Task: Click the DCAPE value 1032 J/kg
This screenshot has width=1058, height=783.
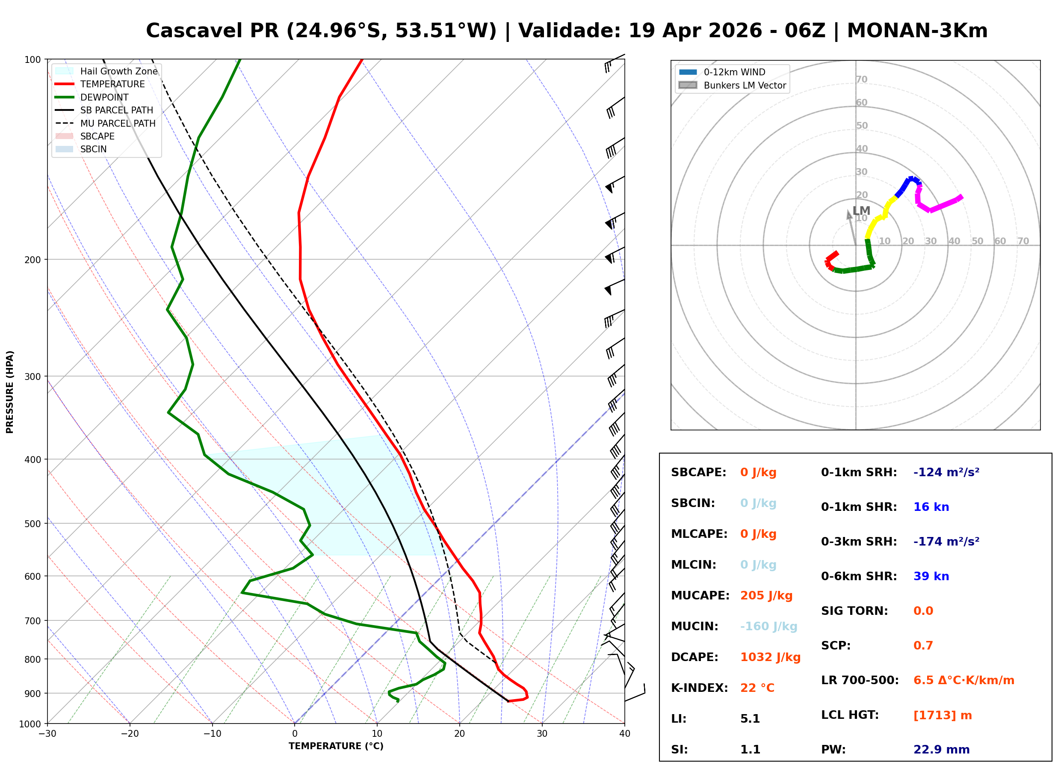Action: coord(770,657)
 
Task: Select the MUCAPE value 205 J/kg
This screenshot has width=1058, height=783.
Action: coord(766,596)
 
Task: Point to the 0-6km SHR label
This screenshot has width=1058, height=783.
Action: coord(859,576)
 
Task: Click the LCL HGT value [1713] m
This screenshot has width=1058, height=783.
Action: coord(943,715)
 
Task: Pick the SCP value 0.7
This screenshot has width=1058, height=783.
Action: coord(923,646)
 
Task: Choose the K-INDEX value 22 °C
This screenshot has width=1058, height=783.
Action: coord(757,688)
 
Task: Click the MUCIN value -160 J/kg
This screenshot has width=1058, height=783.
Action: coord(768,626)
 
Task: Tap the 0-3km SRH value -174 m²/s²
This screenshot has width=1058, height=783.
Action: coord(946,542)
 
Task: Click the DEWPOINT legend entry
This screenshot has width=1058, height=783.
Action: coord(104,97)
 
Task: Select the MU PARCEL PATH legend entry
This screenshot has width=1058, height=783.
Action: coord(118,123)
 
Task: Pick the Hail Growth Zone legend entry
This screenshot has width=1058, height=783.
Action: coord(118,71)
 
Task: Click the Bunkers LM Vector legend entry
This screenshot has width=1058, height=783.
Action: coord(745,85)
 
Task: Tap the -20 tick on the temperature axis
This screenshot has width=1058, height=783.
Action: coord(130,734)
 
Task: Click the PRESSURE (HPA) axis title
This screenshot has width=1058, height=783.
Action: coord(10,392)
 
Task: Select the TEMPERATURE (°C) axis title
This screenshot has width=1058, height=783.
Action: coord(336,747)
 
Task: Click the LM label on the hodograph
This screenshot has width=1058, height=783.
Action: coord(861,211)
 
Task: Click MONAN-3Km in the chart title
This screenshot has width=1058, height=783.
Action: coord(917,31)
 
